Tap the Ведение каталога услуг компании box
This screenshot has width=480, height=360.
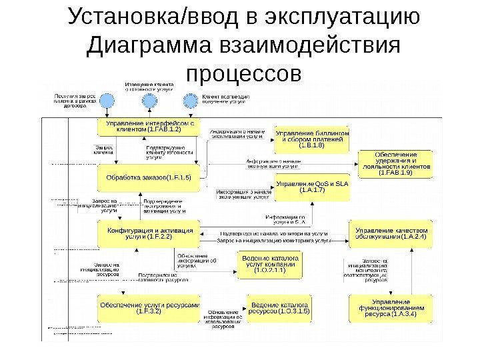click(271, 263)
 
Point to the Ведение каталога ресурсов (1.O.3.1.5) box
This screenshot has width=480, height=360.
click(279, 306)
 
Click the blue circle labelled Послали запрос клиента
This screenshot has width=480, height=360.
click(106, 101)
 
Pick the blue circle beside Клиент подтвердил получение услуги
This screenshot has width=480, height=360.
click(191, 101)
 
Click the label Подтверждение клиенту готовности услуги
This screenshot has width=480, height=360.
click(169, 152)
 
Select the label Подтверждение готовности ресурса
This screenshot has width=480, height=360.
click(157, 277)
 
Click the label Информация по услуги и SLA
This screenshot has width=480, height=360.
click(286, 220)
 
